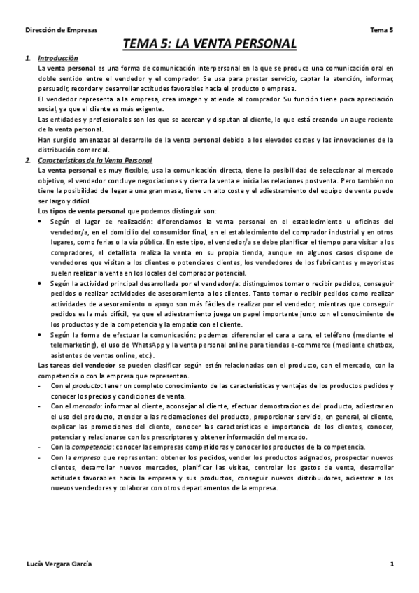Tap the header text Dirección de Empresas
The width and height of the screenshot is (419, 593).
[x=62, y=30]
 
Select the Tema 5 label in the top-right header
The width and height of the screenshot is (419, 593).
[x=382, y=30]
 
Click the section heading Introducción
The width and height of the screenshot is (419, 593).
[x=58, y=58]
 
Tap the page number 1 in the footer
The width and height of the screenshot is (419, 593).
[x=392, y=564]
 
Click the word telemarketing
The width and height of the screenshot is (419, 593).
[x=72, y=345]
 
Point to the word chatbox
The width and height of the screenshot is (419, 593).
[x=379, y=345]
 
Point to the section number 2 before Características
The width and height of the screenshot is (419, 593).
[x=27, y=161]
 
